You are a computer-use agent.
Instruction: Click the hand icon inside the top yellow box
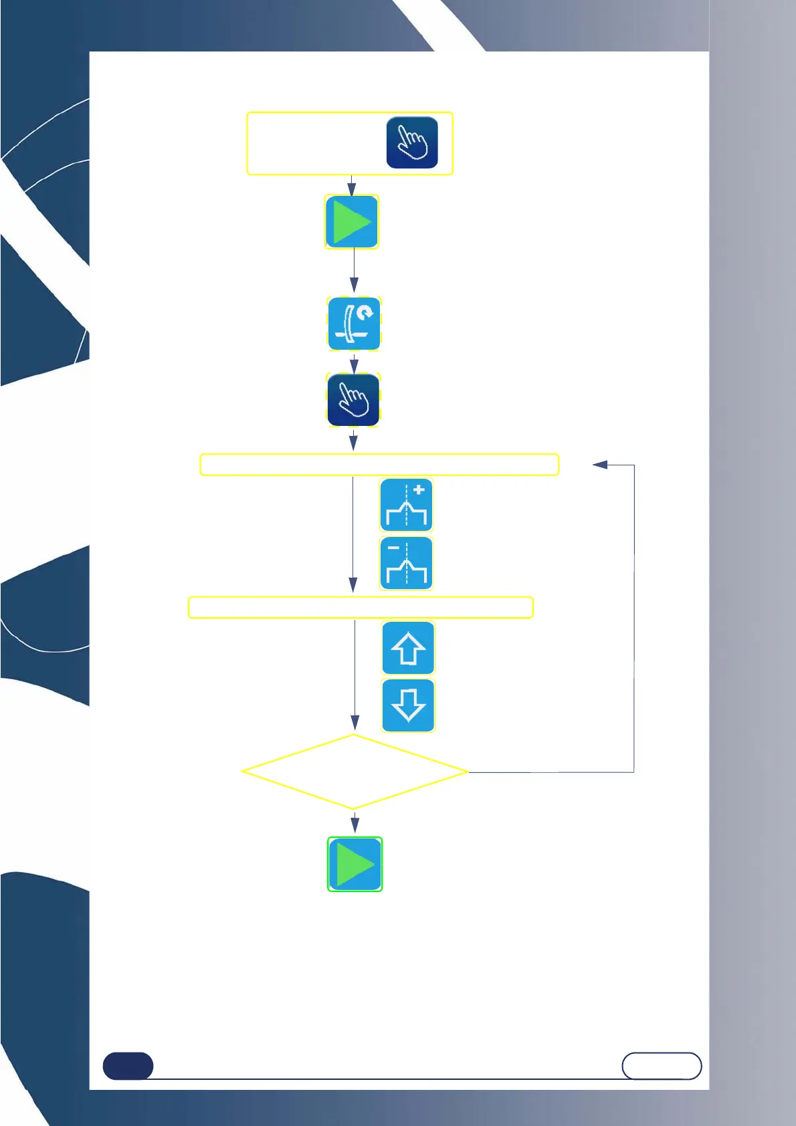click(412, 142)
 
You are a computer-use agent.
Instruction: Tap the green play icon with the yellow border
click(352, 222)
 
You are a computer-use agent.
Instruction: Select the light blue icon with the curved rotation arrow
click(354, 324)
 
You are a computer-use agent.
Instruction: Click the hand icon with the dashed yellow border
click(353, 400)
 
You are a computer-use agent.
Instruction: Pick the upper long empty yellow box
click(379, 465)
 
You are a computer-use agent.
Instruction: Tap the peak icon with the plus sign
click(406, 505)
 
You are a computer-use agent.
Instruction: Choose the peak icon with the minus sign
click(406, 563)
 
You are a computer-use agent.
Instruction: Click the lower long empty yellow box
click(361, 607)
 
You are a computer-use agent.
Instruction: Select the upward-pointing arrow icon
click(408, 648)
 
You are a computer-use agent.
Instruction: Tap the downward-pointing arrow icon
click(408, 705)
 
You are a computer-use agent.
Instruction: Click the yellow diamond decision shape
click(354, 772)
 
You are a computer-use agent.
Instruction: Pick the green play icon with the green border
click(355, 864)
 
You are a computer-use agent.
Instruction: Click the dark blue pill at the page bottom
click(128, 1066)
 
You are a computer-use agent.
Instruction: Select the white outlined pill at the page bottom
click(662, 1066)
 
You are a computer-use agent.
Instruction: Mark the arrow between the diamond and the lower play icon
click(355, 822)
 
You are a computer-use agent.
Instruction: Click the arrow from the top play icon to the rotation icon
click(354, 271)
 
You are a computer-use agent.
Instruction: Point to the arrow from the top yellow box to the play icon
click(351, 185)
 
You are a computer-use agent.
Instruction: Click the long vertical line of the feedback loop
click(634, 618)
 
